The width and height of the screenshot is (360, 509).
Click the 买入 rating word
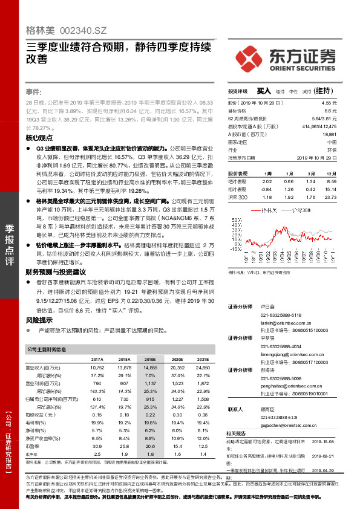(263, 91)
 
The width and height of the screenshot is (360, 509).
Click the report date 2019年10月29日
(318, 157)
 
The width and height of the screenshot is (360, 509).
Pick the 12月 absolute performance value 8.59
(330, 181)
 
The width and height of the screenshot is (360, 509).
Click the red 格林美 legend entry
(266, 211)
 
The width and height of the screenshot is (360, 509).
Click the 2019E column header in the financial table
(151, 358)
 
